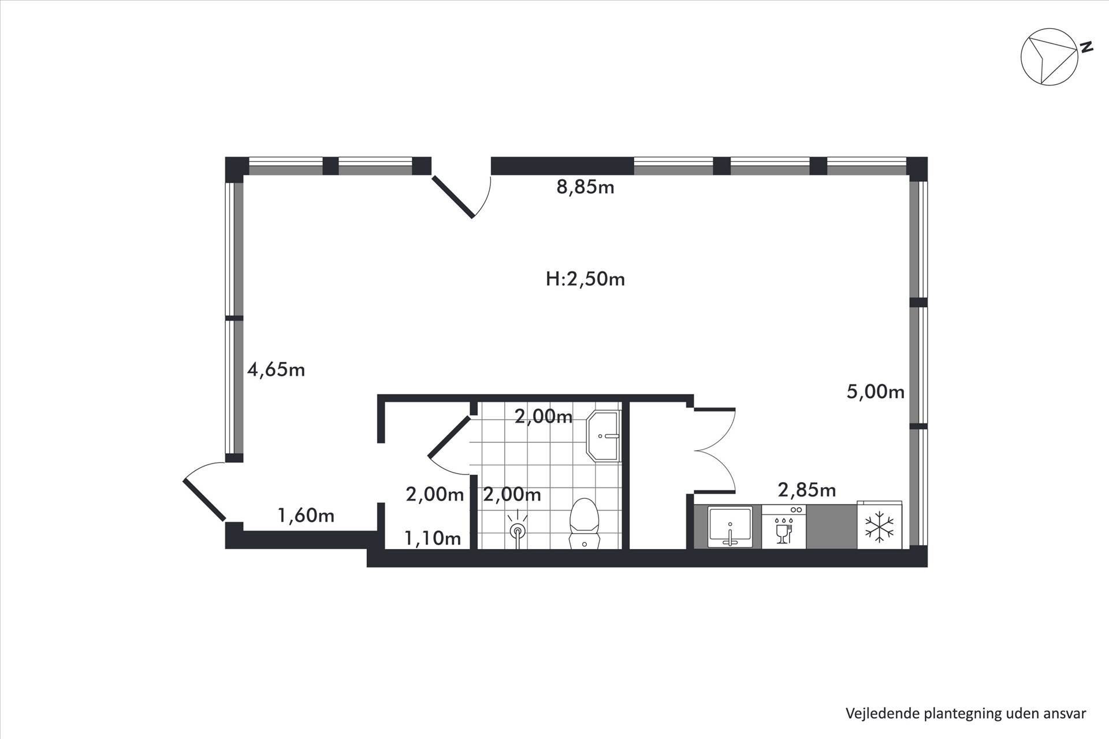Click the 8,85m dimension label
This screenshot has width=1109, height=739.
(585, 187)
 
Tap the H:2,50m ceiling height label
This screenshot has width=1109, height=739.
(585, 279)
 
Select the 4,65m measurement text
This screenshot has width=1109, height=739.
(276, 369)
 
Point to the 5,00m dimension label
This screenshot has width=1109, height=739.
(875, 392)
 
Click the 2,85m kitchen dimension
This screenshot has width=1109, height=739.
(807, 490)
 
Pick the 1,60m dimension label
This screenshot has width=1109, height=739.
(306, 515)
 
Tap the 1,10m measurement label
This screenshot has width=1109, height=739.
(433, 538)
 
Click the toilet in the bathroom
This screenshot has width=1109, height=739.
(583, 523)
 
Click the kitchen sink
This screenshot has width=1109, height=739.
(730, 527)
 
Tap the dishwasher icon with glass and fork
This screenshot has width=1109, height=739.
(783, 527)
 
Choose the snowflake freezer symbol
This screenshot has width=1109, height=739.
(879, 527)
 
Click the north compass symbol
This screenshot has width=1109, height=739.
(1050, 57)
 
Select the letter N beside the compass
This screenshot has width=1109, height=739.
(1086, 47)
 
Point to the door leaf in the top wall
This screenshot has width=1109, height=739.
(453, 197)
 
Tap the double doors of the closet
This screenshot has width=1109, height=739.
(714, 450)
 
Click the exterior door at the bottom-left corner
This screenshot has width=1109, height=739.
(204, 499)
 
